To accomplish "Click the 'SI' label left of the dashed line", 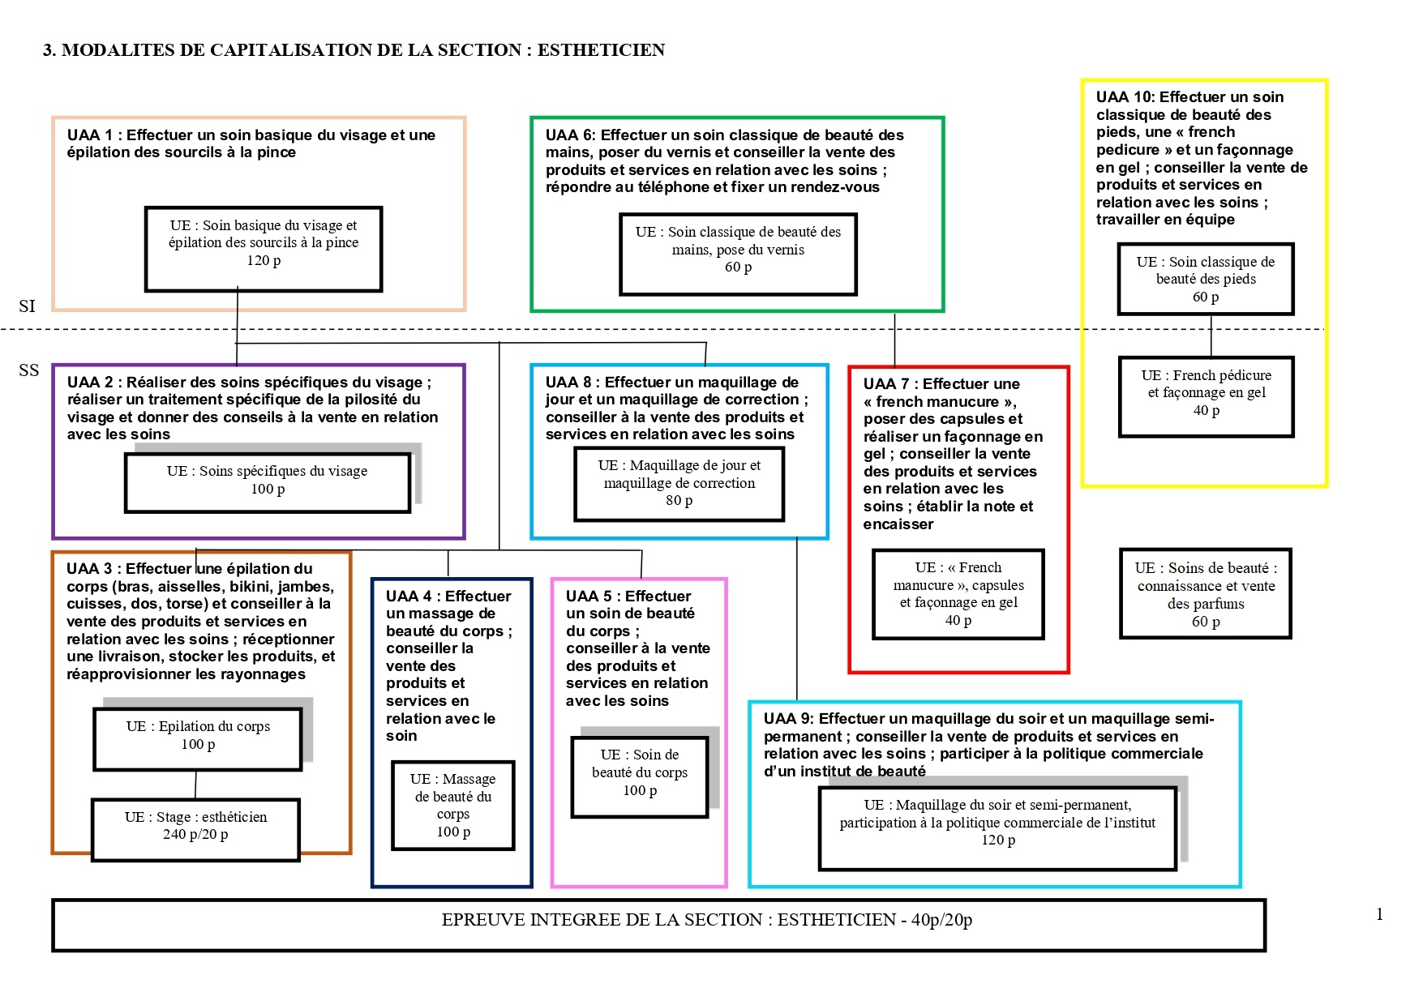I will click(27, 306).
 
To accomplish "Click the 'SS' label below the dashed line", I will click(28, 370).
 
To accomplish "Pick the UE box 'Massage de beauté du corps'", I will click(452, 805).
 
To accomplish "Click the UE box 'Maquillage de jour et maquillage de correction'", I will click(679, 484).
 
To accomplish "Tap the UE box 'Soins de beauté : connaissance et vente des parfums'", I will click(1205, 594).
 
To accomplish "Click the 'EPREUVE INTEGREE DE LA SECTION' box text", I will click(706, 921).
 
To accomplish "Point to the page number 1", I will click(1379, 915).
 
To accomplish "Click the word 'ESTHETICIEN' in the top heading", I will click(601, 50).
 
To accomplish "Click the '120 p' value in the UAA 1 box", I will click(264, 260).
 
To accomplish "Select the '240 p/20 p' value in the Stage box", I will click(195, 835).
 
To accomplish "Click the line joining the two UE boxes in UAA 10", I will click(1211, 336).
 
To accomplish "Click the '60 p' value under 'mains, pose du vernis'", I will click(738, 267).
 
